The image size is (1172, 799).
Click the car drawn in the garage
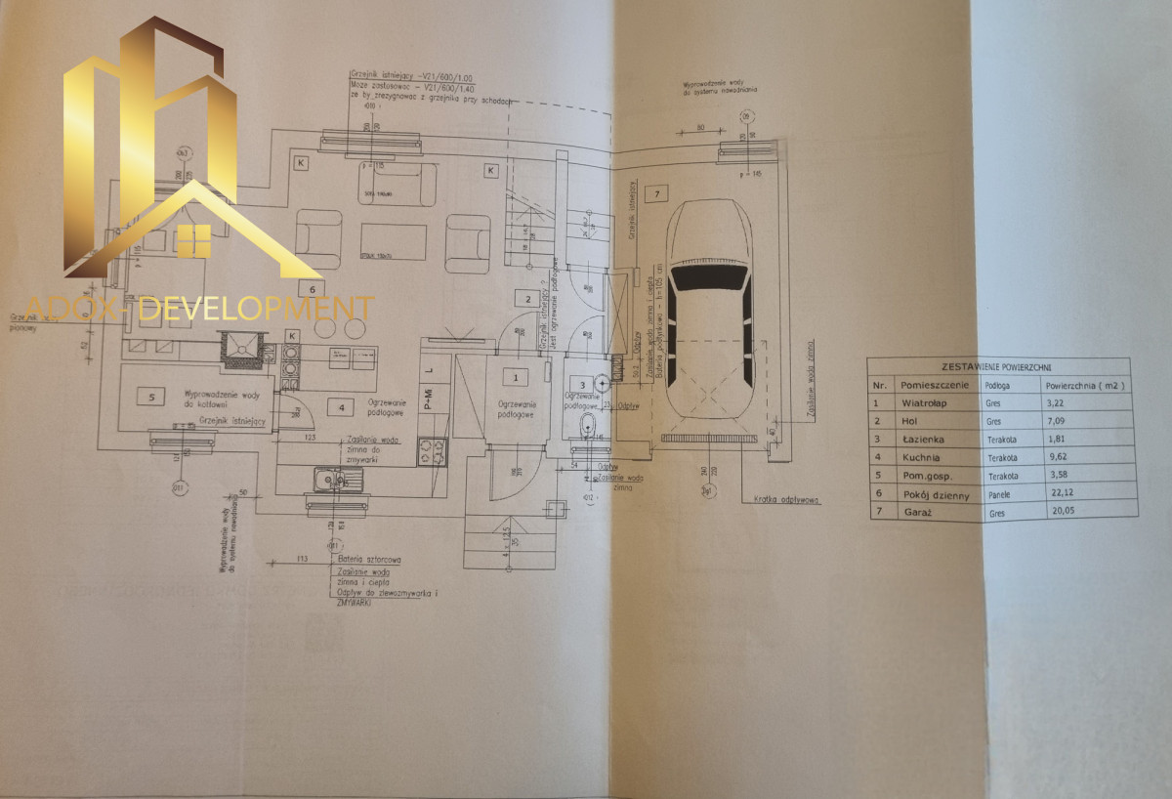tap(710, 310)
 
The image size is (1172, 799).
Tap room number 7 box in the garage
tap(657, 194)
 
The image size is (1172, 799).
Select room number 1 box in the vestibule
tap(514, 374)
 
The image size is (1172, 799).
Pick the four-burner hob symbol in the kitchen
tap(433, 450)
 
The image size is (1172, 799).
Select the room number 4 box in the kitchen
tap(341, 407)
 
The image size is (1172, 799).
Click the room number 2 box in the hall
tap(527, 299)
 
